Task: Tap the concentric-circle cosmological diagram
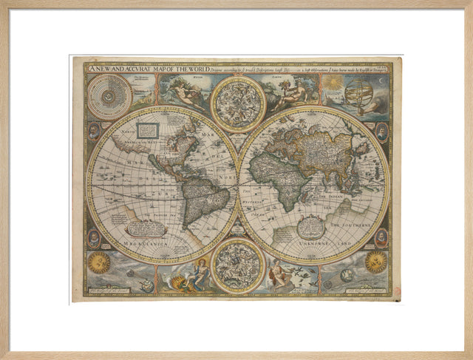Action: tap(109, 96)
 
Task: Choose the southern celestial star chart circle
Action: tap(237, 267)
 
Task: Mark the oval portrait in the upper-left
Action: tap(94, 132)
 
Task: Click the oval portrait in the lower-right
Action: tap(381, 237)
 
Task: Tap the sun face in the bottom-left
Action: tap(99, 262)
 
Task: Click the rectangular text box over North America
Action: tap(149, 130)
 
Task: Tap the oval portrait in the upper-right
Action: tap(381, 132)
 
